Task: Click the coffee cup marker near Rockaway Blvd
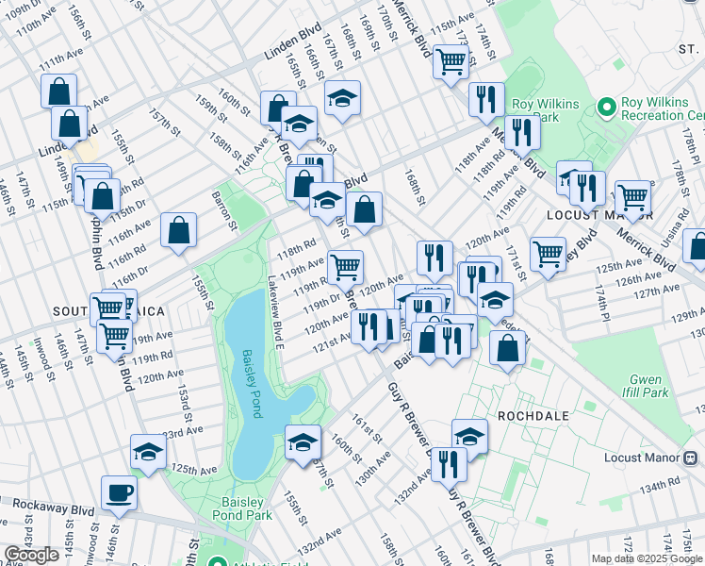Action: tap(119, 493)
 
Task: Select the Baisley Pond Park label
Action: tap(247, 508)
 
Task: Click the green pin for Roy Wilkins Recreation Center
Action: tap(604, 107)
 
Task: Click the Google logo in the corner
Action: tap(31, 555)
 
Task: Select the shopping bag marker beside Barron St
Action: tap(178, 230)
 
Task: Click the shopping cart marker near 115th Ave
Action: tap(451, 61)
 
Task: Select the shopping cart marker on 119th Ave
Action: tap(346, 267)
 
